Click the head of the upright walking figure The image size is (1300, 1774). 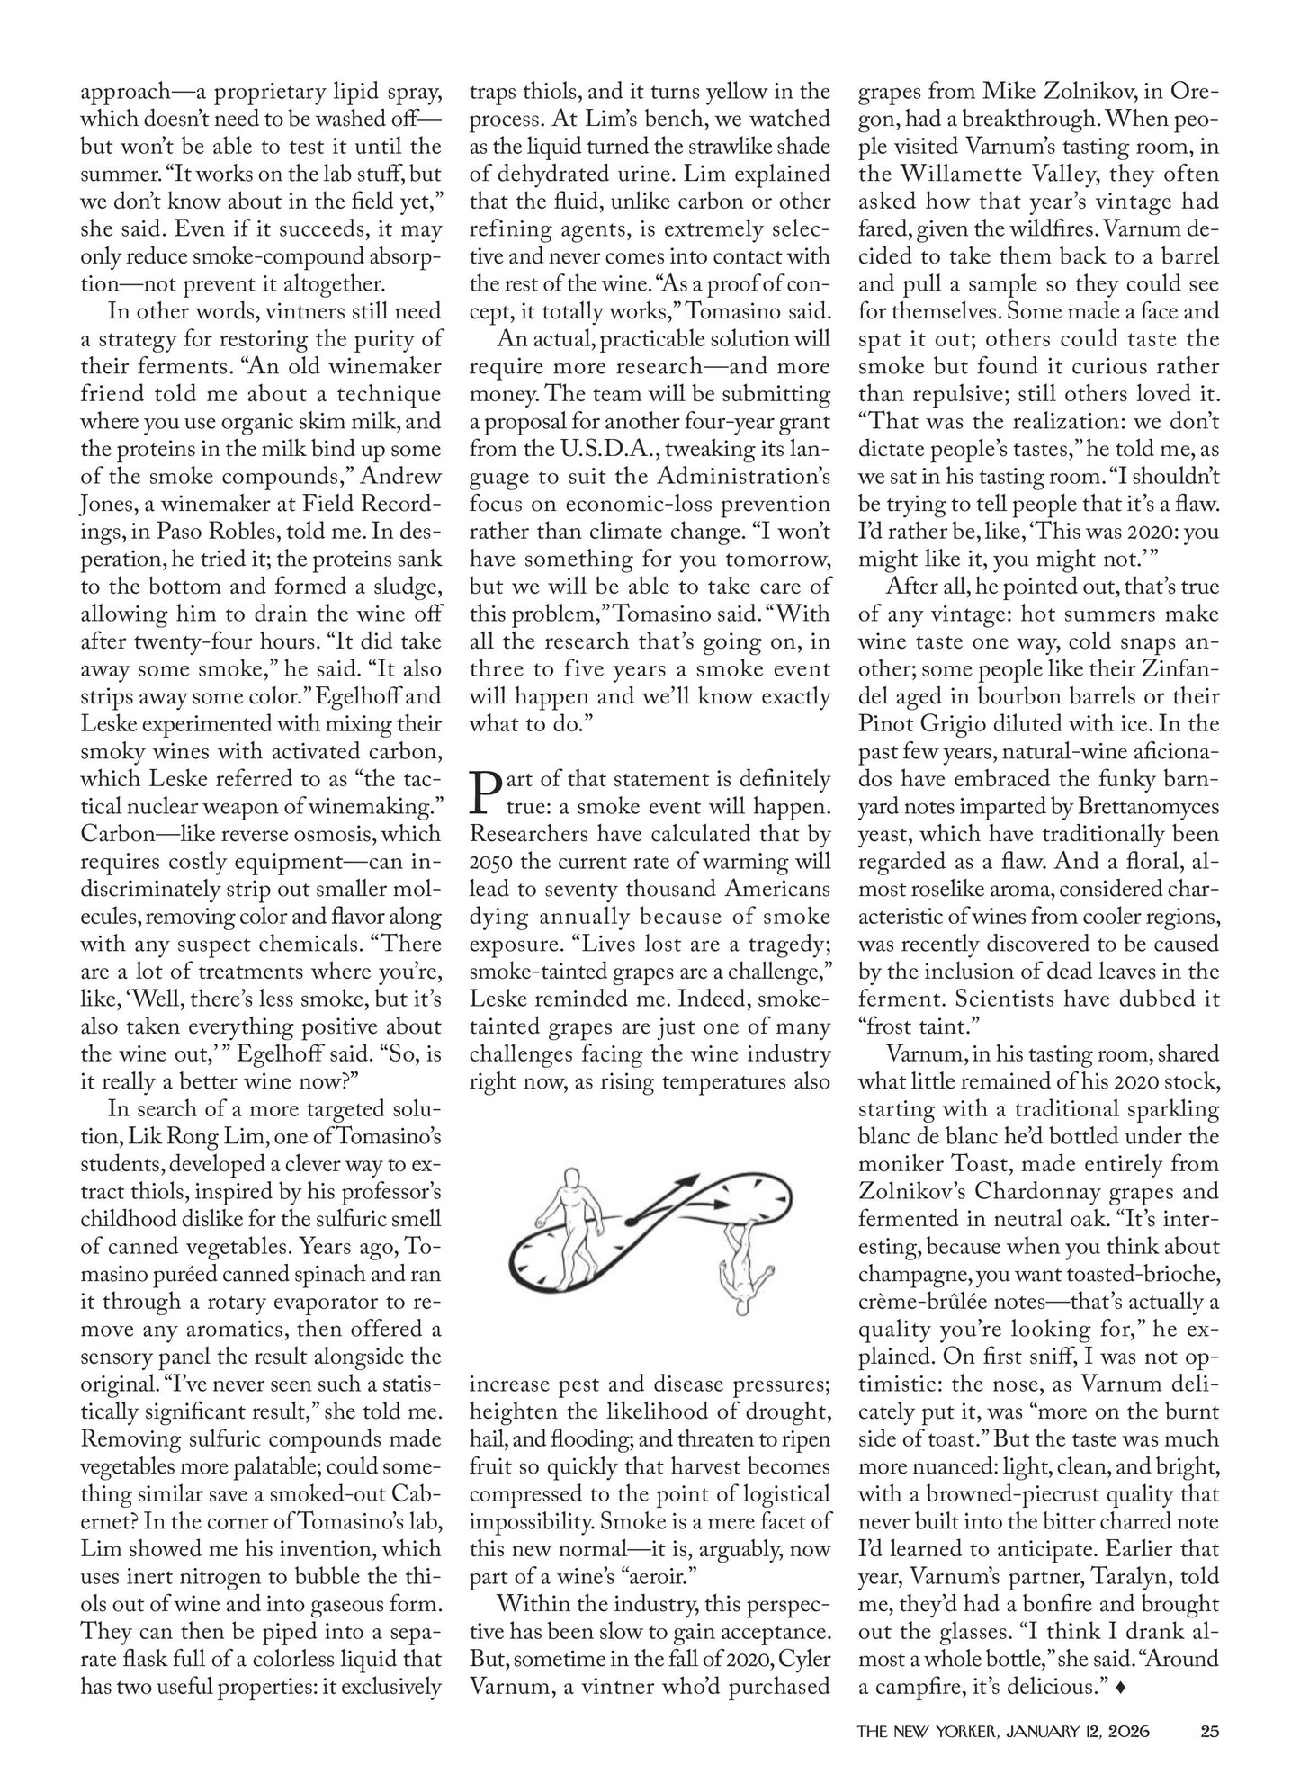coord(571,1179)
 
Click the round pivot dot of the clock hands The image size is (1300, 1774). coord(630,1221)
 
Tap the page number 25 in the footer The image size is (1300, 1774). coord(1208,1729)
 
